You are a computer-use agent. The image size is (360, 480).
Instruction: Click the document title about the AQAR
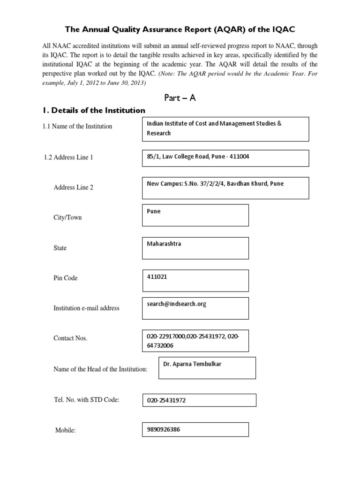coord(180,30)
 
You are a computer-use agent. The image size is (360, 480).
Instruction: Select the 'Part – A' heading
coord(180,97)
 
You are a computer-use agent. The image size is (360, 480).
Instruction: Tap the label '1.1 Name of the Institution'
coord(77,126)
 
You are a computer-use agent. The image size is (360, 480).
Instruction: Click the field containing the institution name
coord(225,129)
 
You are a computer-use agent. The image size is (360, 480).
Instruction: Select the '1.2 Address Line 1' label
coord(68,157)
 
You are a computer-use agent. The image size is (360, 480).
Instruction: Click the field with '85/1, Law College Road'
coord(225,157)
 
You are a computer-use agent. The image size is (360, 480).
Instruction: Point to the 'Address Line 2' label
coord(74,187)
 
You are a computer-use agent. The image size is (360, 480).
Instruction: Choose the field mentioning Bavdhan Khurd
coord(225,187)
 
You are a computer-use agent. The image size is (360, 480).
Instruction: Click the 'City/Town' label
coord(67,217)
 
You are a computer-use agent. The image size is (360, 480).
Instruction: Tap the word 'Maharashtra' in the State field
coord(164,244)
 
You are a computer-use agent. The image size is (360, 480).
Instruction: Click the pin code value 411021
coord(157,277)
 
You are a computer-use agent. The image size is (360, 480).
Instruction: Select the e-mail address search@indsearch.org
coord(176,304)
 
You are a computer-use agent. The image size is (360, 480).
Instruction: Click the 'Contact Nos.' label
coord(71,338)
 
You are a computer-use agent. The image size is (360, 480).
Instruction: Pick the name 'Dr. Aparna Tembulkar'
coord(192,364)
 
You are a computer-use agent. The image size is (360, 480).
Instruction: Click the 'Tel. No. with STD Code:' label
coord(87,399)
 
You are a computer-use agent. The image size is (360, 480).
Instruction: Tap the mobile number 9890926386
coord(163,429)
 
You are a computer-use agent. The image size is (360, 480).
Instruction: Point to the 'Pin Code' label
coord(66,278)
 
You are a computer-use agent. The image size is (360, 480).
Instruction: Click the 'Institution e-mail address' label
coord(87,308)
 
